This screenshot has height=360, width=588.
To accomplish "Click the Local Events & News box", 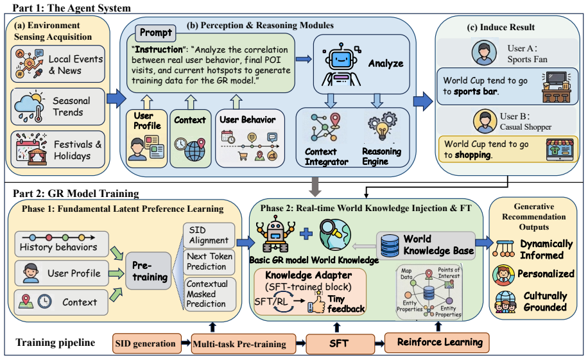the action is click(x=58, y=64).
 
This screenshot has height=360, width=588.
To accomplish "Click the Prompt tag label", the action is click(x=155, y=33).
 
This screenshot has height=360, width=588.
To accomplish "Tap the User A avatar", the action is click(x=484, y=53).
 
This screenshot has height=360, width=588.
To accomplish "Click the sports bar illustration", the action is click(x=556, y=87).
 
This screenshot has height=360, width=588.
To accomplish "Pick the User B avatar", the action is click(x=485, y=121).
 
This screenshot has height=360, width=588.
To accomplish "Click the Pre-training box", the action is click(x=148, y=271).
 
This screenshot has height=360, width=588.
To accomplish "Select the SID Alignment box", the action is click(x=209, y=235).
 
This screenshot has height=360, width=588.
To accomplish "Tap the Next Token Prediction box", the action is click(x=209, y=262).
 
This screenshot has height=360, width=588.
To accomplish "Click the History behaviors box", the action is click(x=62, y=244).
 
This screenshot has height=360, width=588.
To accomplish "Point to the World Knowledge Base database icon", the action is click(x=390, y=246).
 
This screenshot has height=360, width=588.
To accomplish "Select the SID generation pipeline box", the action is click(x=146, y=343).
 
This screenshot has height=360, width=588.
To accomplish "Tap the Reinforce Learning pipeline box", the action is click(x=437, y=343).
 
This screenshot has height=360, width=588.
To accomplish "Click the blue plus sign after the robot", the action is click(x=306, y=234).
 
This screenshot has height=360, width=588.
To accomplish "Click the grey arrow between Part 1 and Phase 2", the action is click(x=315, y=187).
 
